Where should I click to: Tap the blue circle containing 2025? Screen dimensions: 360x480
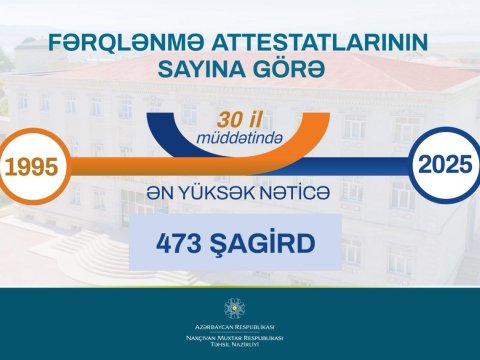443,164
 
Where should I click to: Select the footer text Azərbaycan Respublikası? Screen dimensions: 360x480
240,326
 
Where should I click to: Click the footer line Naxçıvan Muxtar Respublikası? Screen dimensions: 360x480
240,338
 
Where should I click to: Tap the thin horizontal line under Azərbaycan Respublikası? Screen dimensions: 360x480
240,332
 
